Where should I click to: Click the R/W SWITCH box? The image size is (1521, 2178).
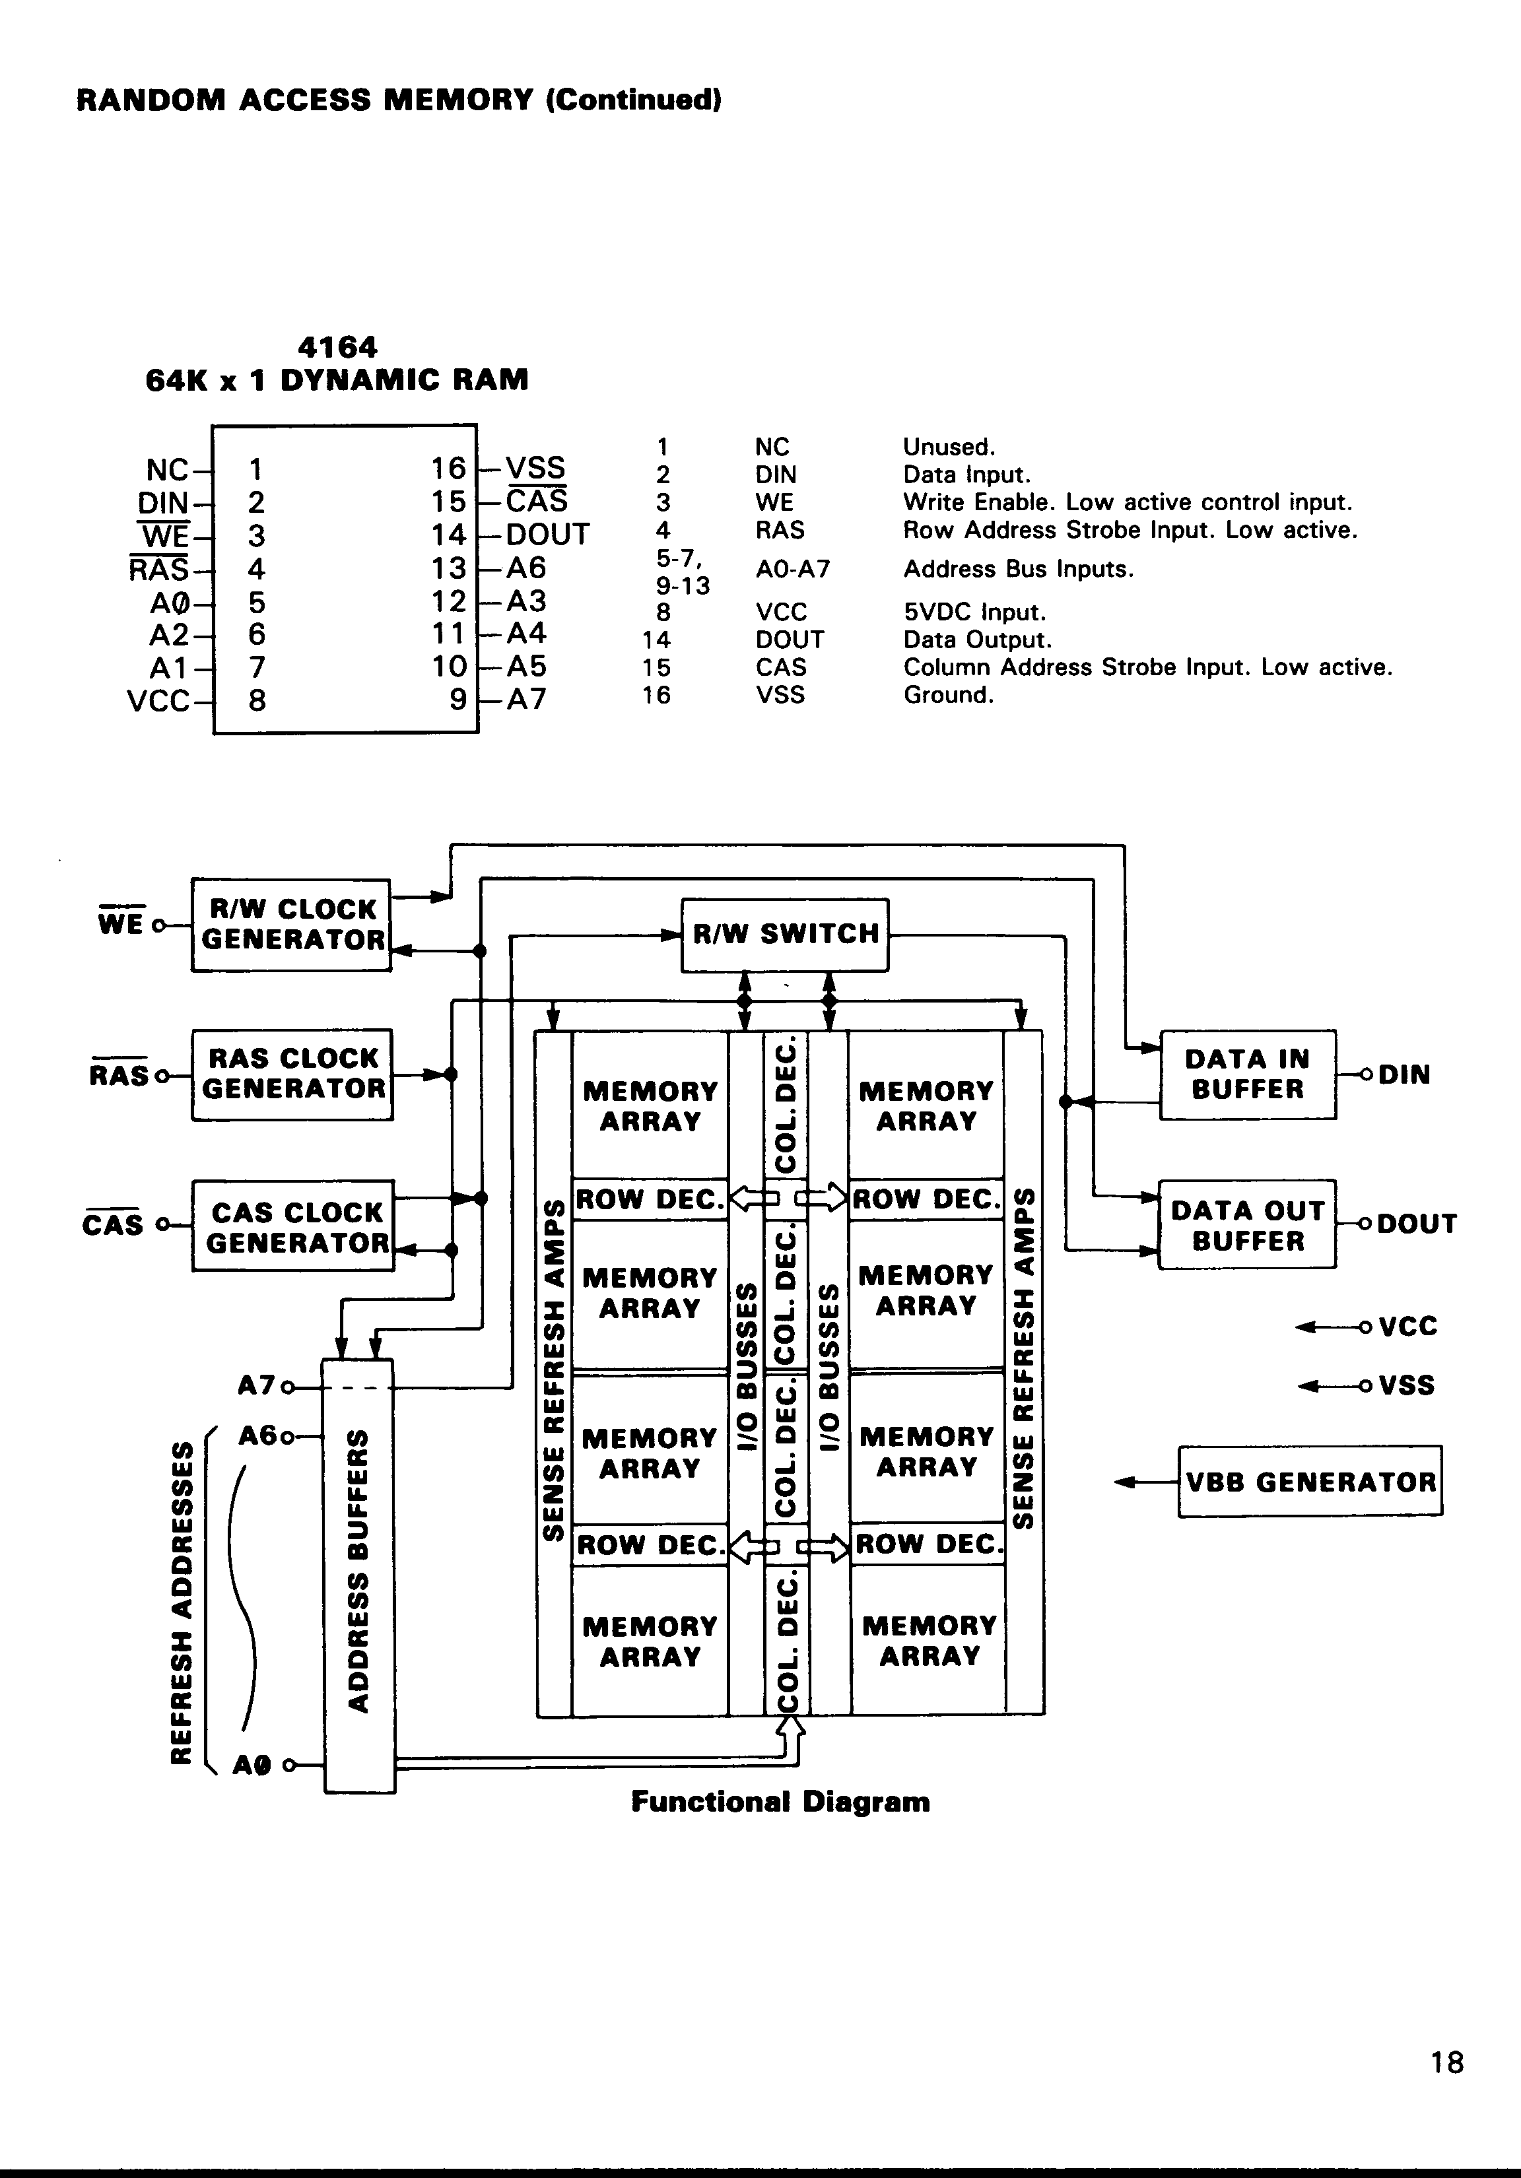click(x=785, y=935)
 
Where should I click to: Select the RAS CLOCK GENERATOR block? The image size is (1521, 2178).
click(x=292, y=1074)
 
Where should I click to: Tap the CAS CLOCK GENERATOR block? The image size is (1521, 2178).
click(x=293, y=1226)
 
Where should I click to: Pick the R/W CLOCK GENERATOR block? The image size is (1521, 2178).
click(x=291, y=925)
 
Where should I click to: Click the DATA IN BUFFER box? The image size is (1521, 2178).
click(x=1248, y=1074)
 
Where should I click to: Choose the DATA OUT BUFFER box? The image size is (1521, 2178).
click(x=1247, y=1225)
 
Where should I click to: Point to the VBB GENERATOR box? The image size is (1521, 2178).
click(x=1309, y=1482)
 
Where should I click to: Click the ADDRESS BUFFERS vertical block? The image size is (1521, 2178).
click(x=358, y=1575)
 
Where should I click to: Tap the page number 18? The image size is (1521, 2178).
click(x=1447, y=2062)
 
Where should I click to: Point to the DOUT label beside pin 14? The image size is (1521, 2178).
click(x=547, y=535)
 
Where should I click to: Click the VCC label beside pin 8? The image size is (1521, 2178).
click(x=158, y=701)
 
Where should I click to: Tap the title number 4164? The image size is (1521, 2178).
click(x=337, y=347)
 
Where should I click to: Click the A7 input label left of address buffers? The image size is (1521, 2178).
click(x=255, y=1386)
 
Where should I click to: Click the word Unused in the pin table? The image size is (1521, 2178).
click(x=948, y=447)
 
